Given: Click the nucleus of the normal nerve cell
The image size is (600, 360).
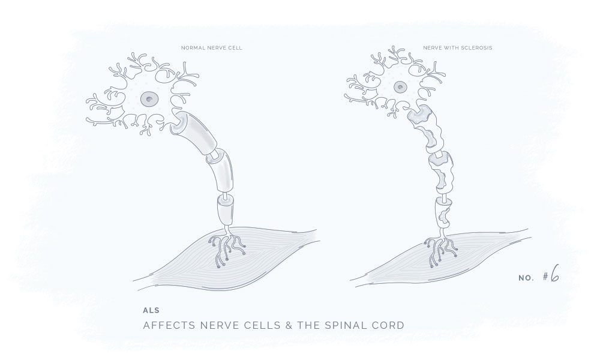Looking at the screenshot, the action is pyautogui.click(x=149, y=100).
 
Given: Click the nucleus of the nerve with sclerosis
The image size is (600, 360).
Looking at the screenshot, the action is pyautogui.click(x=400, y=87).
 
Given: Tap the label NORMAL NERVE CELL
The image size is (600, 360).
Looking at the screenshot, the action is pyautogui.click(x=212, y=48).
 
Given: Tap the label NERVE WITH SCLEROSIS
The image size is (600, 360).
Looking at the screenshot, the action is pyautogui.click(x=457, y=48).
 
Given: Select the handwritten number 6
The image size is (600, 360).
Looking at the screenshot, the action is pyautogui.click(x=554, y=273).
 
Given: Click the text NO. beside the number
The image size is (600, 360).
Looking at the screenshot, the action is pyautogui.click(x=526, y=278).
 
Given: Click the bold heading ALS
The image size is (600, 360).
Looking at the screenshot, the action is pyautogui.click(x=151, y=310).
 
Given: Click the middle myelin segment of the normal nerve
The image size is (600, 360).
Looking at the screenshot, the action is pyautogui.click(x=220, y=170).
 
